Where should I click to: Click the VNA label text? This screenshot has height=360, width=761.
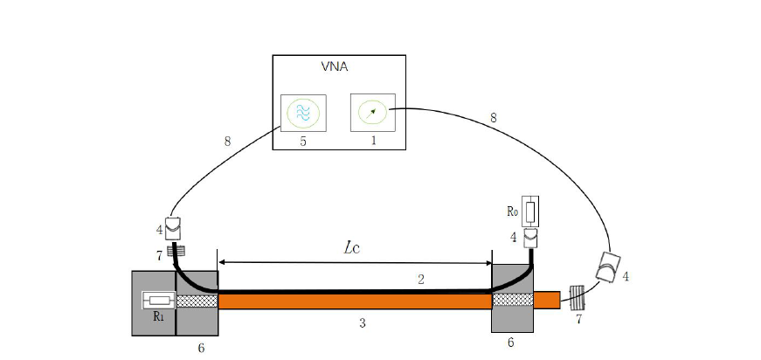click(x=335, y=67)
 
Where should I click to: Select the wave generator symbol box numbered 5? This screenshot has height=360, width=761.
click(x=303, y=113)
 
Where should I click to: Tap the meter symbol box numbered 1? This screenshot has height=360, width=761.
click(x=373, y=113)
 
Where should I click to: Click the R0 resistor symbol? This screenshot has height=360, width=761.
click(x=530, y=211)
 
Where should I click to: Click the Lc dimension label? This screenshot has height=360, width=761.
click(x=352, y=248)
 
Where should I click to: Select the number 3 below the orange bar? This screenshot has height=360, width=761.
click(x=362, y=323)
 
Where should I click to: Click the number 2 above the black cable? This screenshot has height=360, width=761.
click(x=421, y=280)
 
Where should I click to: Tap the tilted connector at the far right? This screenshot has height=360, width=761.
click(x=606, y=267)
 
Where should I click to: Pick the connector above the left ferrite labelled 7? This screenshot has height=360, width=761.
click(x=173, y=228)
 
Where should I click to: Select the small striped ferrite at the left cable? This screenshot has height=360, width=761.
click(x=176, y=252)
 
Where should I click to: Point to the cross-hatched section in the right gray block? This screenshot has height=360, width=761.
click(x=513, y=300)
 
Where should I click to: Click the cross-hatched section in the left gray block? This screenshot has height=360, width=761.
click(x=197, y=301)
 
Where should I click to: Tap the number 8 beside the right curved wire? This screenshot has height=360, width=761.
click(x=493, y=118)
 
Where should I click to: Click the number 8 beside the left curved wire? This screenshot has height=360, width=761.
click(x=227, y=142)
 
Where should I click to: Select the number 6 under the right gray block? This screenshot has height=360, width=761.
click(x=510, y=343)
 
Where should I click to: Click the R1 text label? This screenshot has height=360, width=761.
click(x=158, y=317)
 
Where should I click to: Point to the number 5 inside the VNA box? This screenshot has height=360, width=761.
click(x=303, y=142)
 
